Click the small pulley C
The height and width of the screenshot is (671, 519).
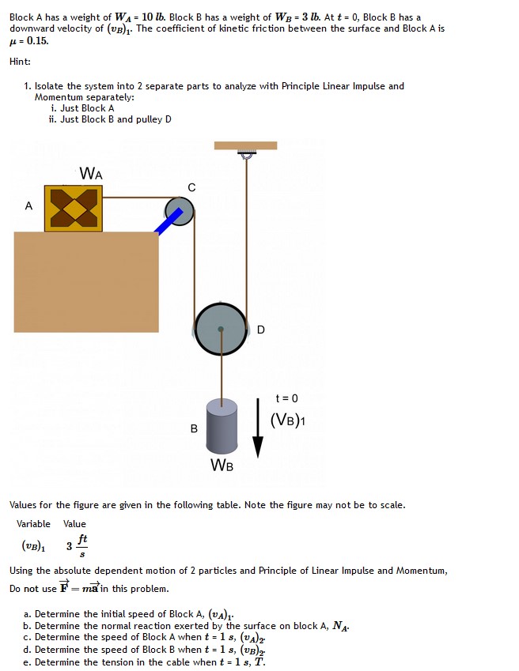click(178, 210)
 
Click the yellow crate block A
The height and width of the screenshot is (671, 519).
click(73, 208)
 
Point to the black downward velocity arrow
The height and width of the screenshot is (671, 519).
click(257, 428)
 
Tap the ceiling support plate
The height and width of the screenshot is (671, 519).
click(245, 145)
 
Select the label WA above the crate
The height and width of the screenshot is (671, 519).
click(91, 173)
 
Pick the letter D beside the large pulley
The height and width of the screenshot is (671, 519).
click(261, 330)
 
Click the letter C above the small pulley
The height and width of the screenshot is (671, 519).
click(191, 187)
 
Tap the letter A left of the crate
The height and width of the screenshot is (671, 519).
click(28, 206)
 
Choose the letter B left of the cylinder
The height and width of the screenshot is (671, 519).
click(194, 429)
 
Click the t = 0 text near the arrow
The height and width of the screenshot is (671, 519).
click(287, 399)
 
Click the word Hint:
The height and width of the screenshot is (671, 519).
click(21, 62)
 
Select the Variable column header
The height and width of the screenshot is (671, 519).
click(33, 524)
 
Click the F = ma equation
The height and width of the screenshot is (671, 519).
click(79, 588)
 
